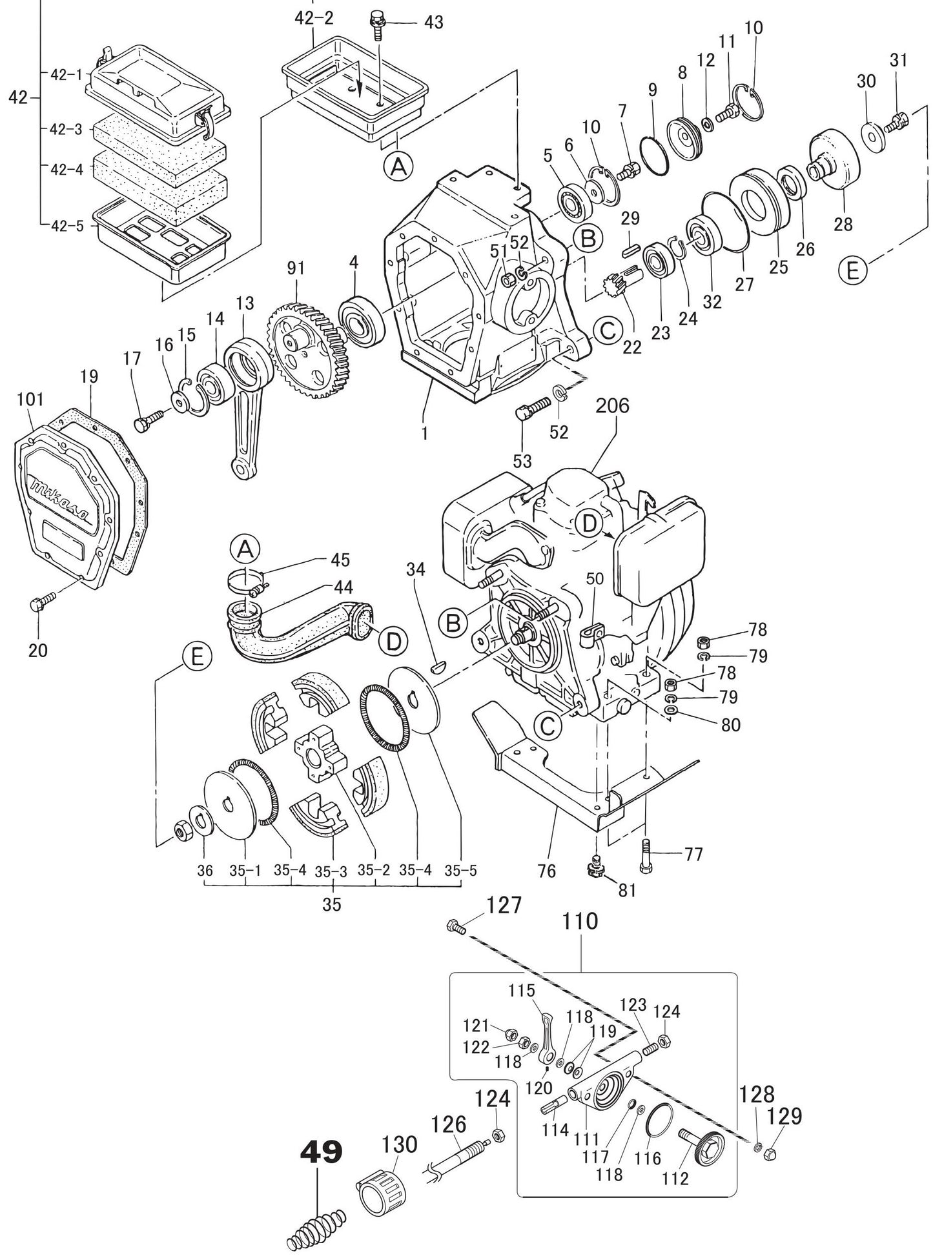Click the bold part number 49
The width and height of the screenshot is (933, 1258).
321,1151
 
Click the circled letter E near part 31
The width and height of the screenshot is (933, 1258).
852,270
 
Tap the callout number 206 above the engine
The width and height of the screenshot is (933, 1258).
612,406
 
